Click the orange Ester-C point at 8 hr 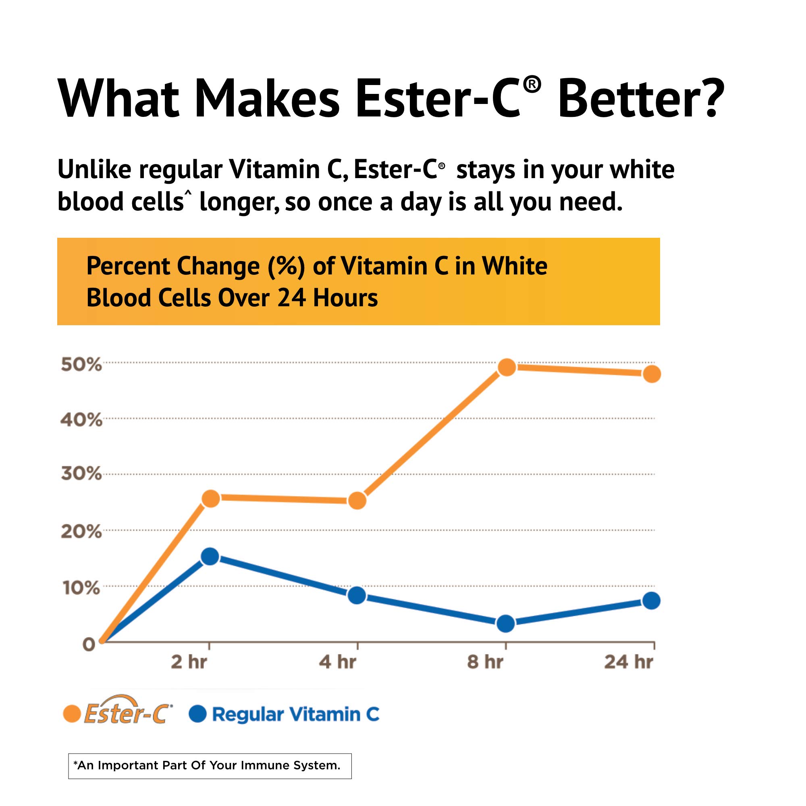pyautogui.click(x=507, y=367)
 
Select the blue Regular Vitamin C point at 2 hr pyautogui.click(x=210, y=556)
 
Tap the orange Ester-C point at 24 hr pyautogui.click(x=652, y=374)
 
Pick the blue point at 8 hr pyautogui.click(x=506, y=623)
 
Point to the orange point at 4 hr pyautogui.click(x=357, y=500)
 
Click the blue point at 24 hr pyautogui.click(x=651, y=601)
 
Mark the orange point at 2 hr pyautogui.click(x=211, y=498)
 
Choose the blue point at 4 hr pyautogui.click(x=357, y=595)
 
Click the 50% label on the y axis pyautogui.click(x=81, y=365)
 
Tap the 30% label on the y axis pyautogui.click(x=81, y=474)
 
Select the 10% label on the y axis pyautogui.click(x=81, y=588)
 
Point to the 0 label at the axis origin pyautogui.click(x=89, y=644)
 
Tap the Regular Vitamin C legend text pyautogui.click(x=295, y=714)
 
